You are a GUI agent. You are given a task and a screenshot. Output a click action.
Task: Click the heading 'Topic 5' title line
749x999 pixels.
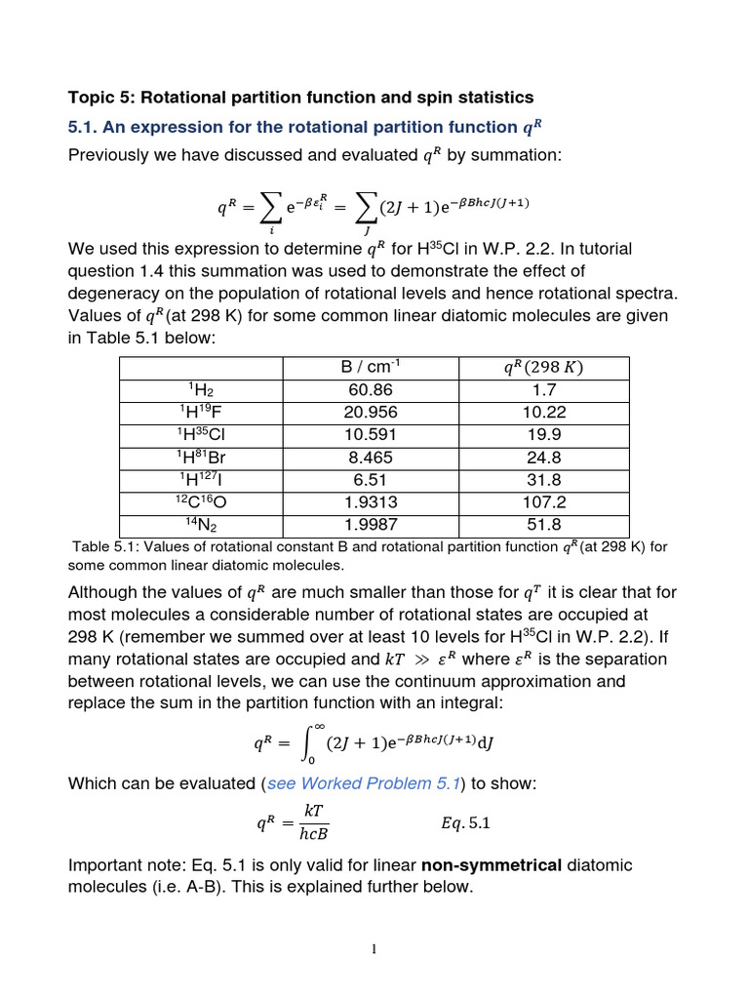click(300, 98)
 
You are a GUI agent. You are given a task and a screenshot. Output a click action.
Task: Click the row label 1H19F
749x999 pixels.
click(200, 413)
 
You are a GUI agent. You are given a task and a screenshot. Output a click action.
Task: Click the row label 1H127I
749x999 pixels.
click(200, 480)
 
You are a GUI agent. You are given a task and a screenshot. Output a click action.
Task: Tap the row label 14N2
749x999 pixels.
click(200, 525)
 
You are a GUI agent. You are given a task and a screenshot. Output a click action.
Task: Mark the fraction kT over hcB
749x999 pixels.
click(314, 822)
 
